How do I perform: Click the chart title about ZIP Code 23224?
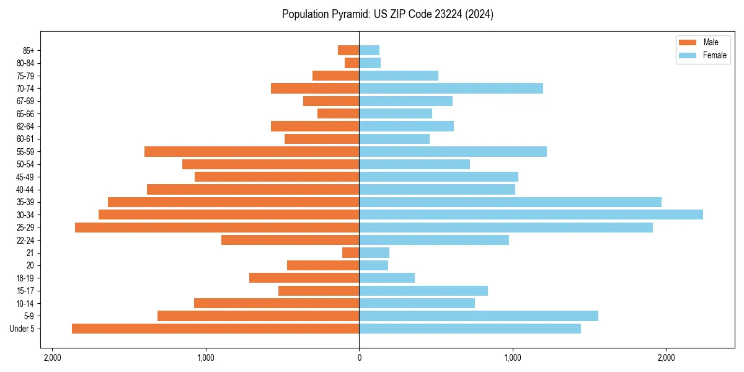[387, 14]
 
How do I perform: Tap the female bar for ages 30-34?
[531, 215]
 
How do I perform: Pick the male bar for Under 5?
[215, 329]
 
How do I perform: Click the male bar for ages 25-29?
[217, 228]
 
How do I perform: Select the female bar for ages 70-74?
[451, 88]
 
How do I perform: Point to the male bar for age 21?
[351, 253]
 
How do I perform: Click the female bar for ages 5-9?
[479, 316]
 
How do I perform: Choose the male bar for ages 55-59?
[252, 152]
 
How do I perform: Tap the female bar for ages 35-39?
[510, 202]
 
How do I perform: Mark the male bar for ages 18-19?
[304, 278]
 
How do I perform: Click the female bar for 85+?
[369, 50]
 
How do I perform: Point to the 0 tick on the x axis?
[359, 358]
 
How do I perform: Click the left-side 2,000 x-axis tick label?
[52, 358]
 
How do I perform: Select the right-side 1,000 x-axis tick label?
[513, 358]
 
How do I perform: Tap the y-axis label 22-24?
[25, 241]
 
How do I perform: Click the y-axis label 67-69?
[25, 101]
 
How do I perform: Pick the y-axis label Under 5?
[22, 329]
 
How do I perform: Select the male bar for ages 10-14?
[277, 303]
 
